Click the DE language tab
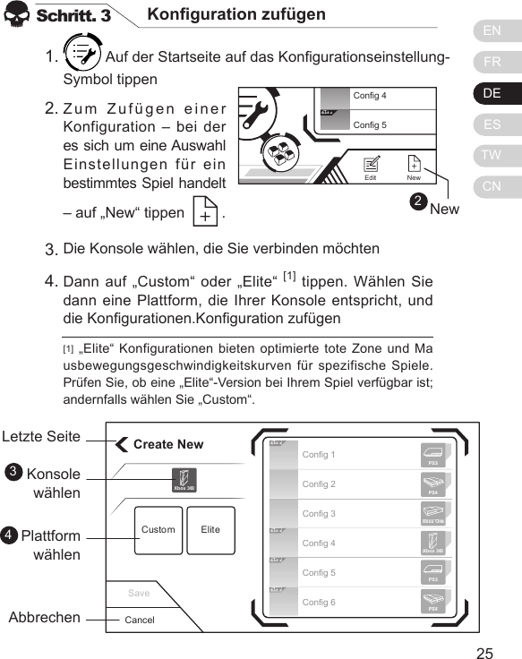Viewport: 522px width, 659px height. (492, 93)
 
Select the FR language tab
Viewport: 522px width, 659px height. (492, 63)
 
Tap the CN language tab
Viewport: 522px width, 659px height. (492, 186)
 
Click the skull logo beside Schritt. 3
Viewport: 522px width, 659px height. (18, 17)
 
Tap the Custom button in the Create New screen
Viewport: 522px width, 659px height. (158, 530)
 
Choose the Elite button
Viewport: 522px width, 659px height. (211, 530)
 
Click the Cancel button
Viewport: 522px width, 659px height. (140, 620)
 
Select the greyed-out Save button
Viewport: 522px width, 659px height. (139, 593)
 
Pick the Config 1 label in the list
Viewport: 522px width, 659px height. (319, 455)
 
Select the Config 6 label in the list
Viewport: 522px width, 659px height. (319, 603)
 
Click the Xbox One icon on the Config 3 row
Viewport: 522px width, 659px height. (433, 515)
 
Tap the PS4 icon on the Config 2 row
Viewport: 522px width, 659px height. (433, 484)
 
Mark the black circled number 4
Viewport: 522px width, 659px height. (9, 535)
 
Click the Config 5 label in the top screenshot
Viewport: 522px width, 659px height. (370, 124)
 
